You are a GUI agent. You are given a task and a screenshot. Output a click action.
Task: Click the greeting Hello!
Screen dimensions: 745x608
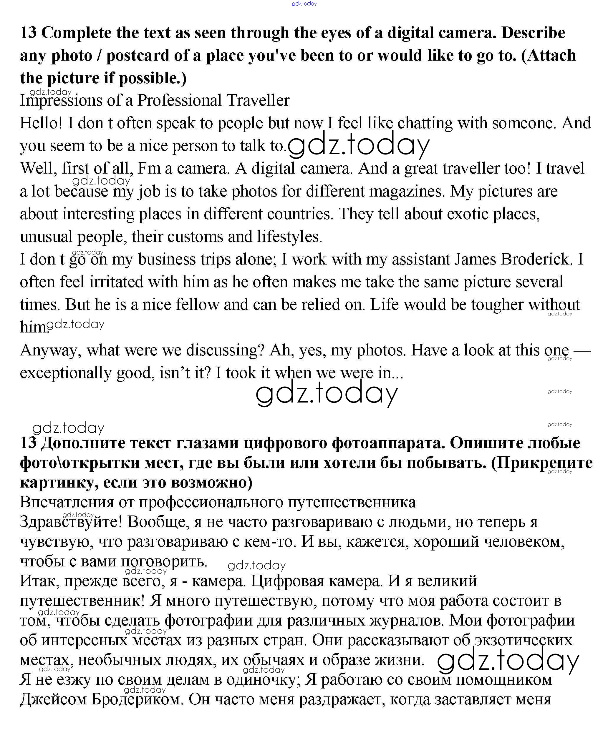tap(41, 123)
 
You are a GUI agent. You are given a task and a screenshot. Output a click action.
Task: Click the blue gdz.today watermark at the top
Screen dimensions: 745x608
tap(304, 4)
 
